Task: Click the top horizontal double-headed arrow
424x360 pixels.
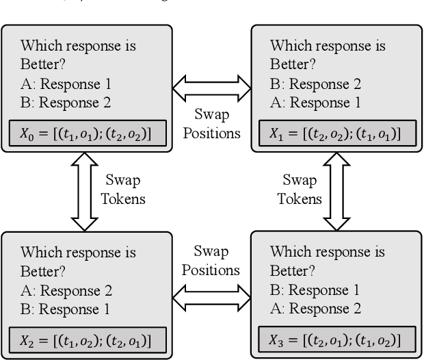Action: [211, 87]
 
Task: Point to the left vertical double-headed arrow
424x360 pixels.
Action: [85, 192]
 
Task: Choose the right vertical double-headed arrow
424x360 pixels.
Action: [336, 192]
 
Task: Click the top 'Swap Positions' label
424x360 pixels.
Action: [211, 123]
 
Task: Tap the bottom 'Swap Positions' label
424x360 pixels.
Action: [211, 261]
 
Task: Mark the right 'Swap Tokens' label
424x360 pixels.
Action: [301, 190]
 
